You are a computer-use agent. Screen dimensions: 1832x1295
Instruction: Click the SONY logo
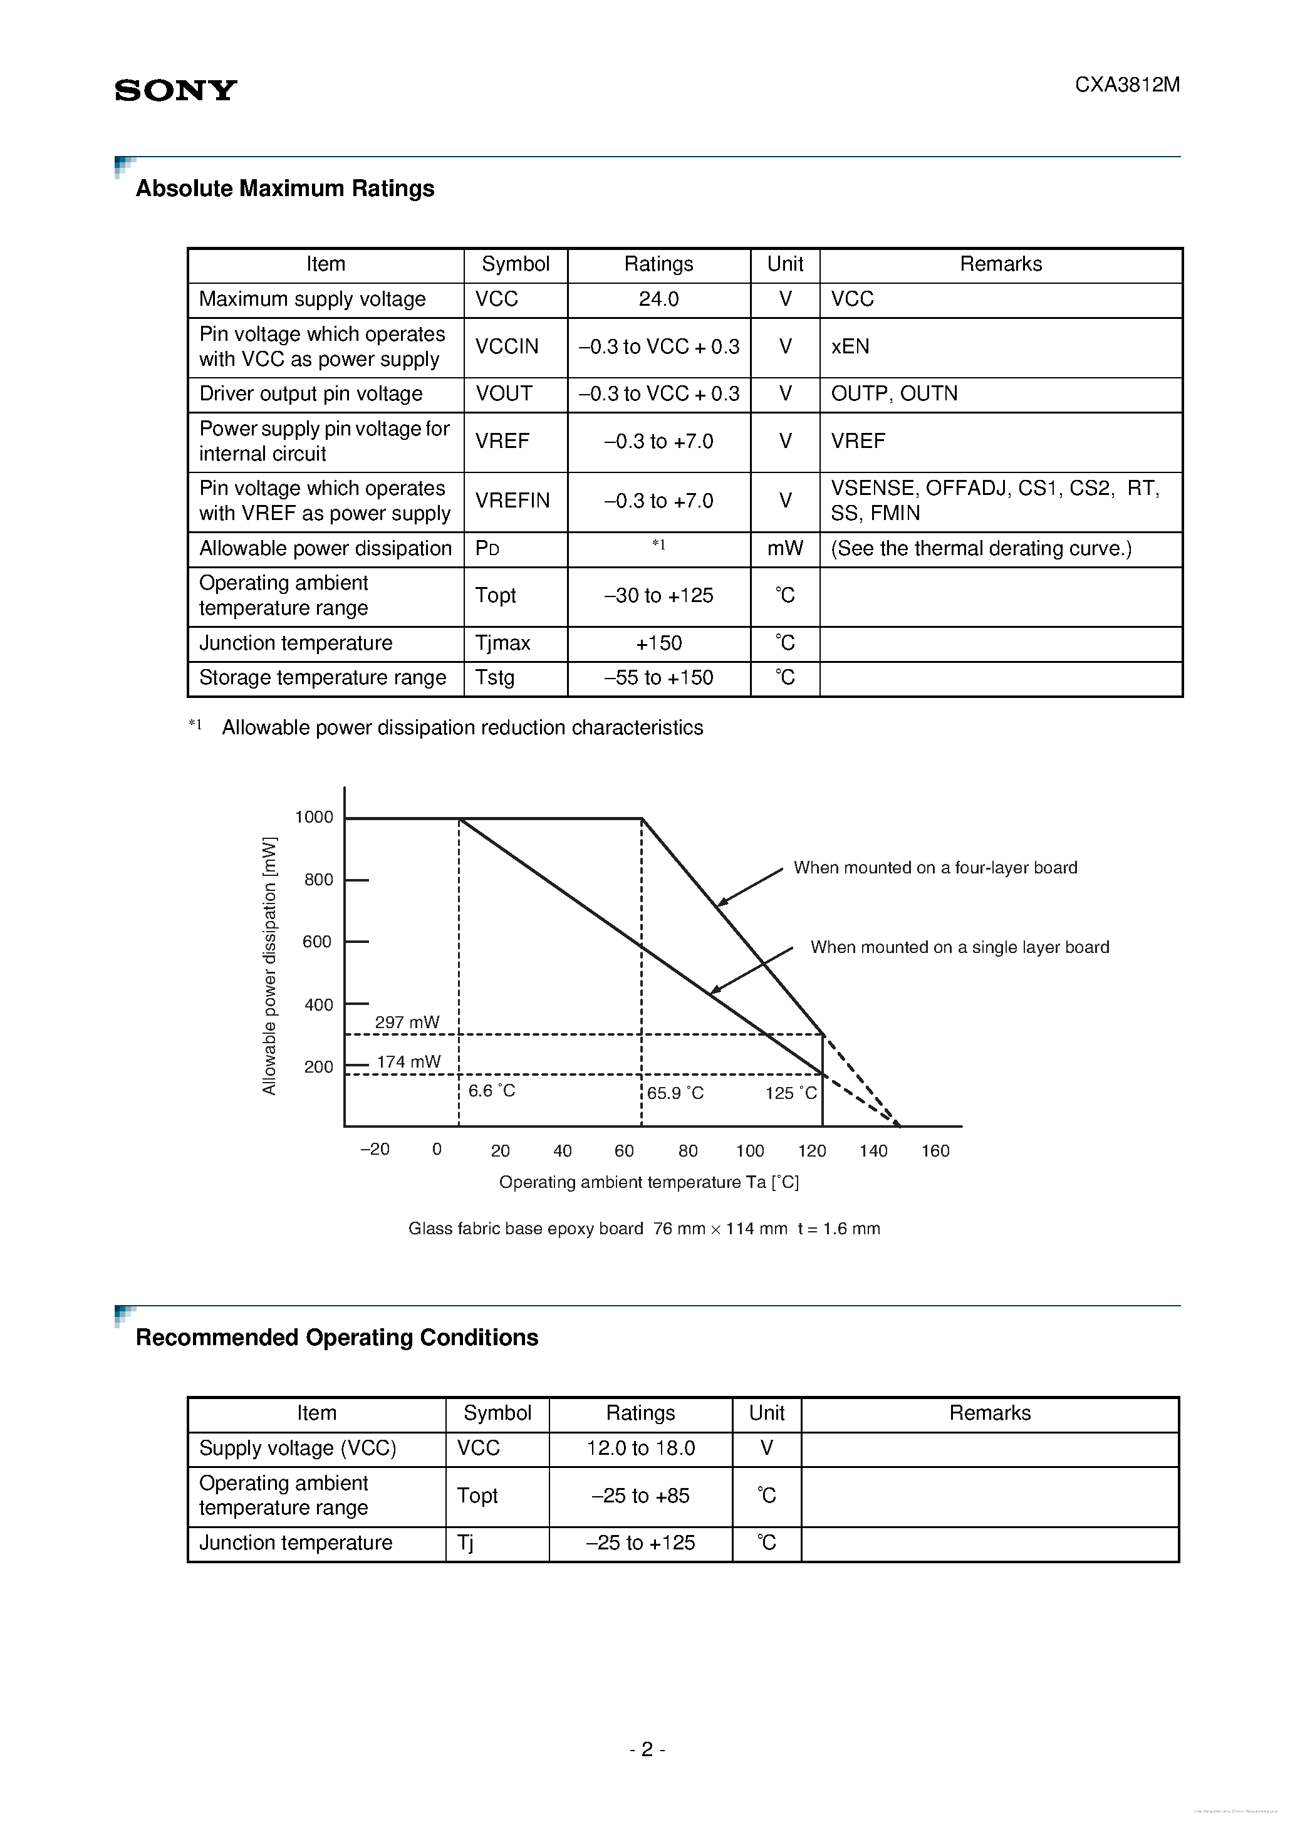(175, 90)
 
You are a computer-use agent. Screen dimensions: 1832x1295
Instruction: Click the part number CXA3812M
(1126, 85)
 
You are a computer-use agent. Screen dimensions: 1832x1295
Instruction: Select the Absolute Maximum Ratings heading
(285, 189)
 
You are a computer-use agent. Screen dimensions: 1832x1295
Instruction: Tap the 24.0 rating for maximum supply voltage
(658, 299)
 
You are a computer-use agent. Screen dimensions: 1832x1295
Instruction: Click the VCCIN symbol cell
(507, 346)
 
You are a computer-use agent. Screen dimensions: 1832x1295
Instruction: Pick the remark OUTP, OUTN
(893, 393)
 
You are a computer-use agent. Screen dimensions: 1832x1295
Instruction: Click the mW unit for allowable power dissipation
(784, 548)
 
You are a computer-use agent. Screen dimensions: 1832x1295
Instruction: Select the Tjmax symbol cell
(502, 643)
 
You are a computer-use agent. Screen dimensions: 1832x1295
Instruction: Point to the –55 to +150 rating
(658, 677)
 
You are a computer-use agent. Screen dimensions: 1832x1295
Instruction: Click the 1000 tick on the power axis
(314, 817)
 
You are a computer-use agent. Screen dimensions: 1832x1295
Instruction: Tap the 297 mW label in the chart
(407, 1022)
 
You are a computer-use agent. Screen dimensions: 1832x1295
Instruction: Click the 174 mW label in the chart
(408, 1062)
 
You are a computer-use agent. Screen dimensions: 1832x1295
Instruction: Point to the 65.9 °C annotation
(675, 1093)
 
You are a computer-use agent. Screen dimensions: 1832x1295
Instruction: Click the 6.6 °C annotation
(492, 1091)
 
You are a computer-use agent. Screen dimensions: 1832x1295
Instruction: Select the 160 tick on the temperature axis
(935, 1150)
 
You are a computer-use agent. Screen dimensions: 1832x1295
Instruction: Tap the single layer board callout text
(959, 947)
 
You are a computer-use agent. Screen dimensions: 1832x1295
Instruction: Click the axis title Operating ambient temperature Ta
(648, 1182)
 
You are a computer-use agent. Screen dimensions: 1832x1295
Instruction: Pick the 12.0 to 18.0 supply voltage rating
(641, 1448)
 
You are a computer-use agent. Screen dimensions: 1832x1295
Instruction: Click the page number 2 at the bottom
(647, 1749)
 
